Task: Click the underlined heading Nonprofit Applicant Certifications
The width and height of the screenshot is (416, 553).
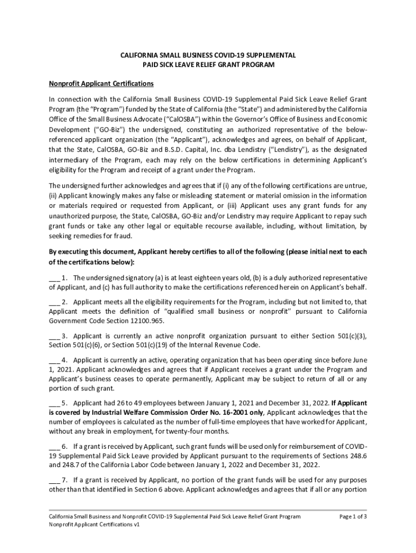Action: [x=101, y=84]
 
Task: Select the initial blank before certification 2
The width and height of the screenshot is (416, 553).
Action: [x=54, y=302]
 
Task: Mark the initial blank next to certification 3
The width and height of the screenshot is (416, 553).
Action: [x=54, y=336]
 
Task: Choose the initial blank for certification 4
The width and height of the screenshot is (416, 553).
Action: [x=54, y=360]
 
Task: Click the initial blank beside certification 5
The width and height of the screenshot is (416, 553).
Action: [x=54, y=403]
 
